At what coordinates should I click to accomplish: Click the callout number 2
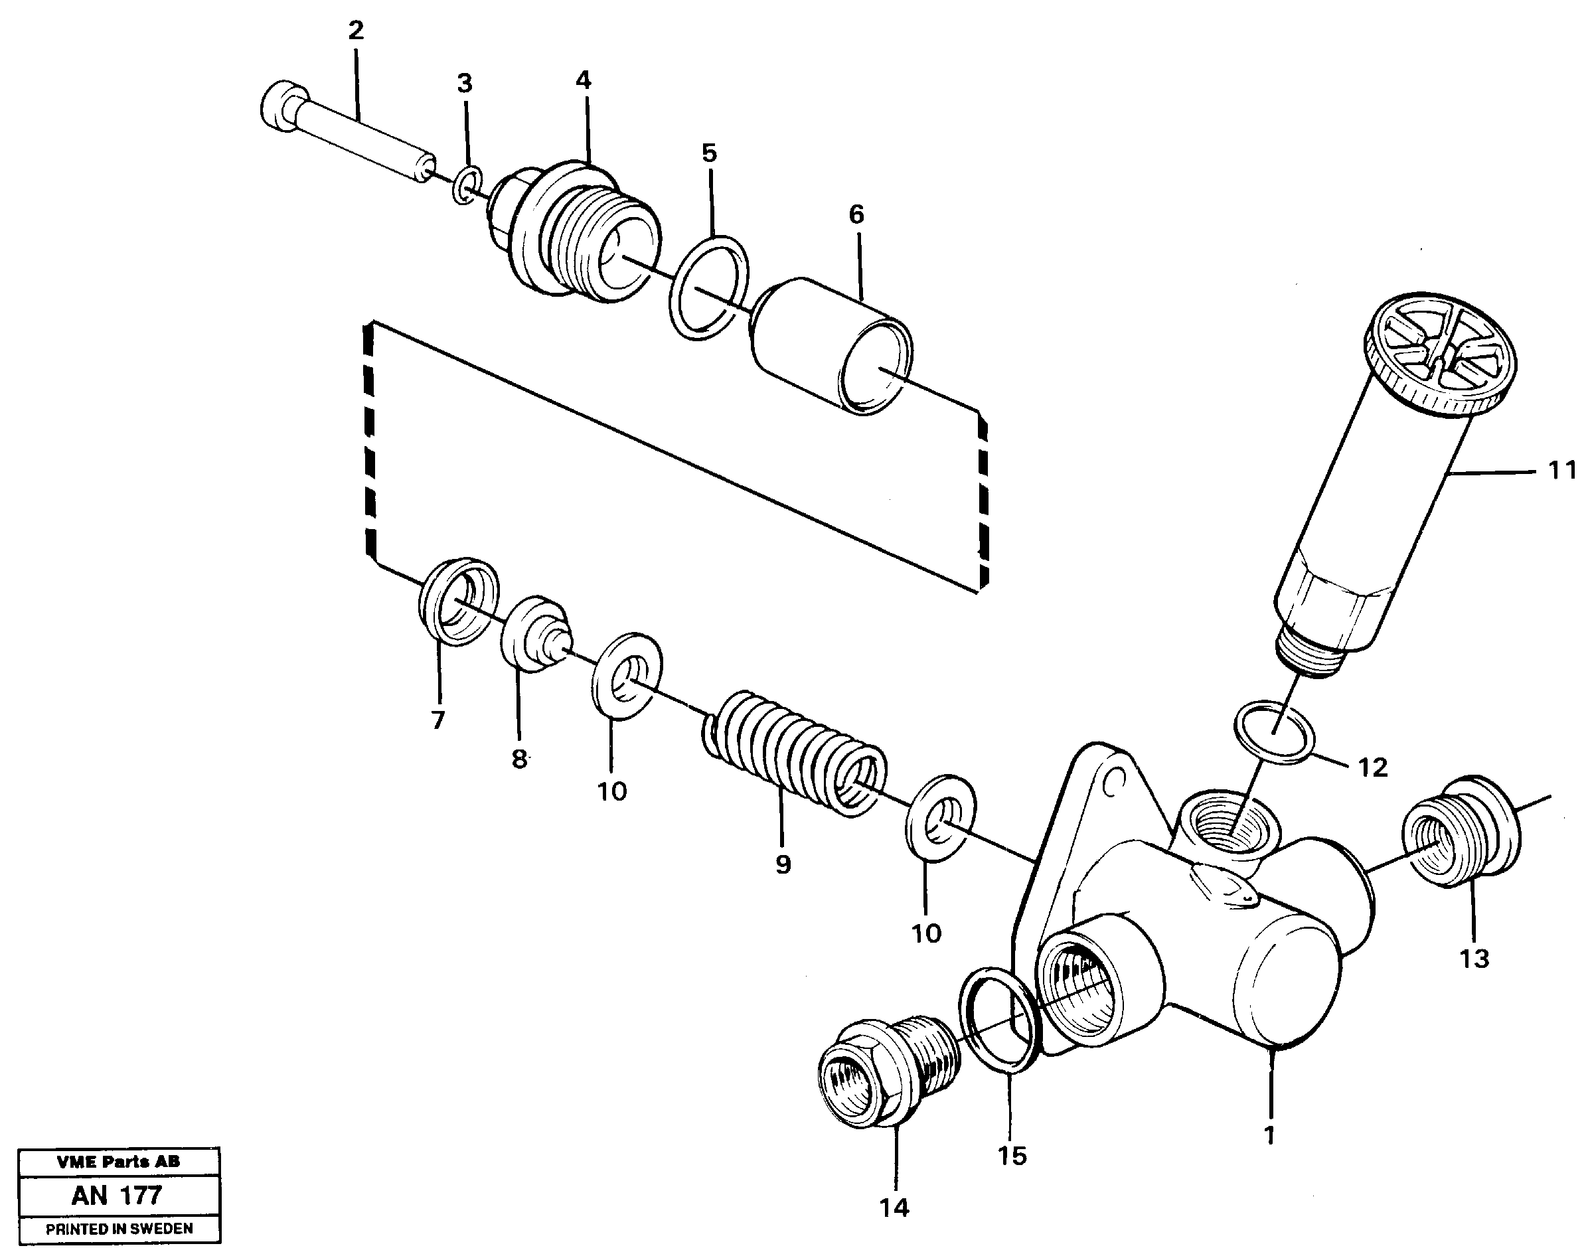click(x=356, y=31)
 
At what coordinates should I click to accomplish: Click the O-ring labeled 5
click(x=710, y=288)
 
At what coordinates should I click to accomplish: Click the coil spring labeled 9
click(x=794, y=753)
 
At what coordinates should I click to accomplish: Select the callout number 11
click(x=1561, y=469)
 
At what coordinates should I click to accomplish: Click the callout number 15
click(x=1012, y=1156)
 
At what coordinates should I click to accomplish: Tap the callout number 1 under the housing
click(x=1269, y=1135)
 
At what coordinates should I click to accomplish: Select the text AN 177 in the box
click(x=117, y=1196)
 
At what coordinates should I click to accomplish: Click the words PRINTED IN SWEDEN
click(x=119, y=1229)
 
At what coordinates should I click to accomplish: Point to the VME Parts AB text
click(x=118, y=1162)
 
